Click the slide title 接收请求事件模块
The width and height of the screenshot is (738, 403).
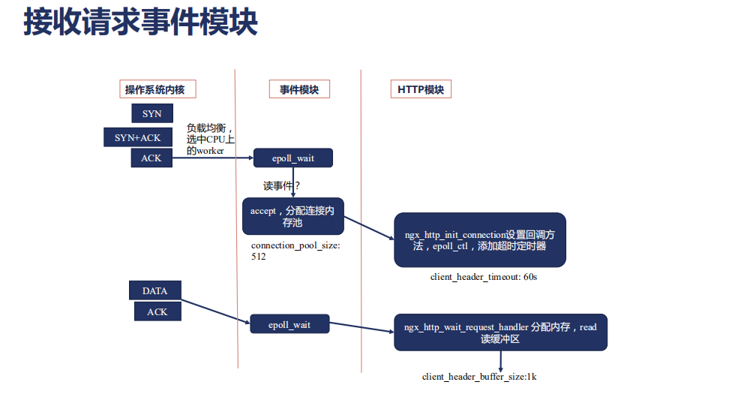(x=140, y=22)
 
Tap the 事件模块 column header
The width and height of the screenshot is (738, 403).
(x=299, y=89)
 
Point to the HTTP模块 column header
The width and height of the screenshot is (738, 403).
(x=420, y=89)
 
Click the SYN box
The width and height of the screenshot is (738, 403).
(x=151, y=114)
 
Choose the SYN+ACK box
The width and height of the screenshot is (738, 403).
(x=137, y=137)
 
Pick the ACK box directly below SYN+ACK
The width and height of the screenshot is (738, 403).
(x=151, y=158)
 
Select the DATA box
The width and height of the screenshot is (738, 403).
(x=154, y=290)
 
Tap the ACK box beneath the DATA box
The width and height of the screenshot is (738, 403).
(x=157, y=311)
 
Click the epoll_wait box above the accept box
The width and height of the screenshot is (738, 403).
(x=293, y=158)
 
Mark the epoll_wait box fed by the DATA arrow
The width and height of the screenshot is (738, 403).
(x=289, y=325)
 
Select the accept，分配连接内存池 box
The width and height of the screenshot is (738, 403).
(x=292, y=217)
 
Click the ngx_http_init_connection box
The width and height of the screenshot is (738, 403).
(x=480, y=240)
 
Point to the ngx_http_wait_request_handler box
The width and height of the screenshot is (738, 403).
(x=500, y=332)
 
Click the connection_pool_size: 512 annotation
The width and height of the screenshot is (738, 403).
(x=295, y=251)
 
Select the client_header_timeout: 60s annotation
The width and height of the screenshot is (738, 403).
(x=484, y=277)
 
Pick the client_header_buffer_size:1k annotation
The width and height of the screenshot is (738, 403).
(x=479, y=376)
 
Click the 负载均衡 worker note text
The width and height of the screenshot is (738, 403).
(x=210, y=139)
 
